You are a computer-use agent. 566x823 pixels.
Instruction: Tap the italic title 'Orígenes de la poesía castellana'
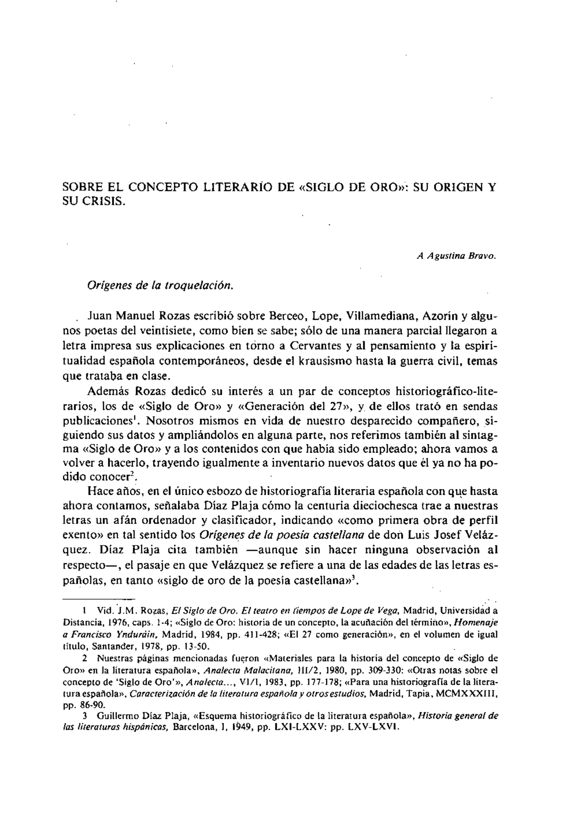tap(282, 535)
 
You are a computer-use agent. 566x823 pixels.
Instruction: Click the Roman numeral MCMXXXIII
tap(467, 694)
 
